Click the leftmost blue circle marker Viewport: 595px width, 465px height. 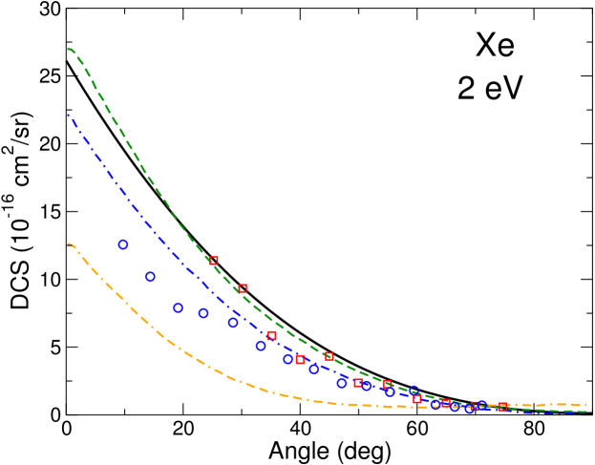pos(123,244)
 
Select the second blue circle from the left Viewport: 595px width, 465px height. pos(150,276)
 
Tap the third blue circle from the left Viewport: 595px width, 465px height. pos(178,307)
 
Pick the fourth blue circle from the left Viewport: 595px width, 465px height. pos(203,313)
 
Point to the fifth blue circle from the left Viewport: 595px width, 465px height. pos(233,323)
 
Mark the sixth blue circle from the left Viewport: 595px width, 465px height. pos(261,346)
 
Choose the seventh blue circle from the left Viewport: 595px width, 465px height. pos(287,359)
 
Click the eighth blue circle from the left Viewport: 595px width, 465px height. pos(313,369)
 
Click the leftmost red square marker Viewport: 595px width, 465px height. pos(214,260)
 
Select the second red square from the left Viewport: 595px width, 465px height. pos(243,287)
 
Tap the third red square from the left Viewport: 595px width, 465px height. pos(271,335)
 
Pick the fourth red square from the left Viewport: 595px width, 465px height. pos(300,359)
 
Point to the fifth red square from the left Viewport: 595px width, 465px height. pos(329,356)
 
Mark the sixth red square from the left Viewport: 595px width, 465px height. pos(358,382)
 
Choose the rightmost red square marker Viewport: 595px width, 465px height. pos(502,407)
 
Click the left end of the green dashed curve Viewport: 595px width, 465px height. pos(68,49)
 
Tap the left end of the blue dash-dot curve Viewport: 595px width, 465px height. pos(68,115)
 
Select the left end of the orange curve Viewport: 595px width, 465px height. pos(68,243)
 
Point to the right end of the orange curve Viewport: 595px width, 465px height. pos(585,405)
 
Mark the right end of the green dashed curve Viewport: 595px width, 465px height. pos(585,412)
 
